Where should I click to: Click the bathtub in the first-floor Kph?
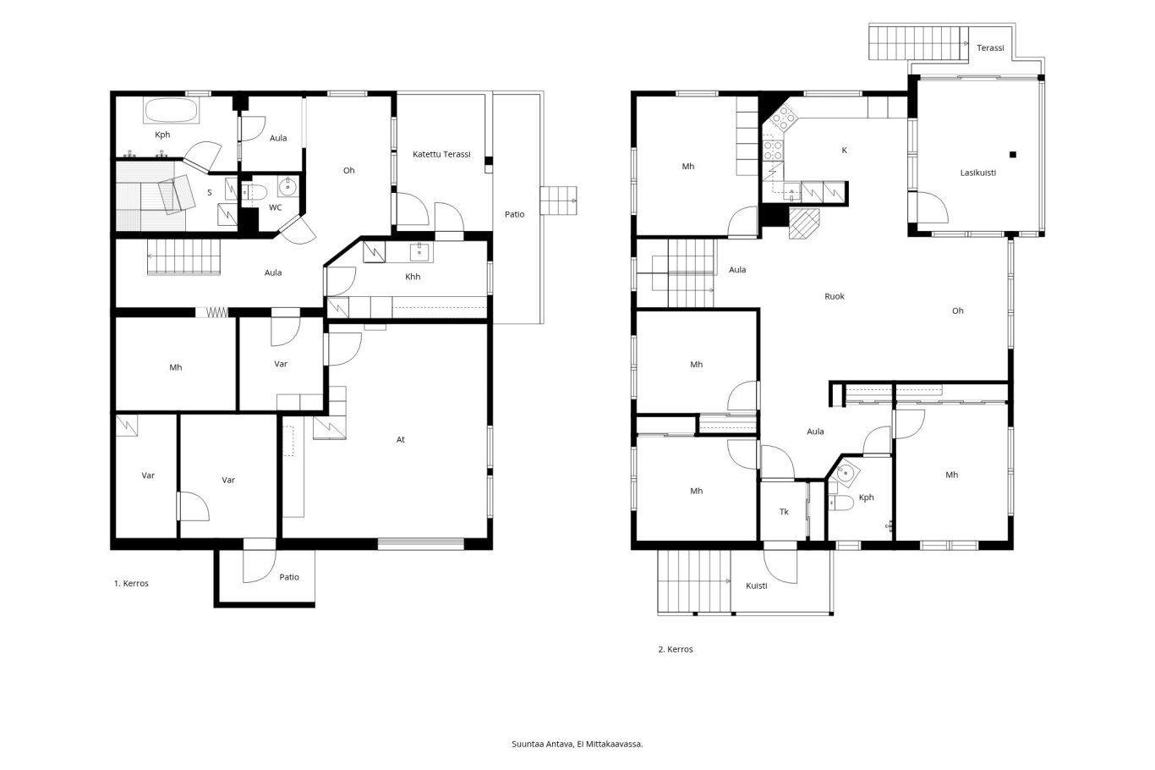[x=171, y=111]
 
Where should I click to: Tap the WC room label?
[x=276, y=207]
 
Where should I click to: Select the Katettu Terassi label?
[x=441, y=154]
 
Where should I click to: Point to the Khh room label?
[x=413, y=277]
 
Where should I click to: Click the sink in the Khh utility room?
[x=421, y=253]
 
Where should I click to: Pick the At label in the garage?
[x=401, y=440]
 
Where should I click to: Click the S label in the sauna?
[x=210, y=193]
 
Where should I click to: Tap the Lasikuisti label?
[x=977, y=173]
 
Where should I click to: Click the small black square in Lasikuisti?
[x=1013, y=154]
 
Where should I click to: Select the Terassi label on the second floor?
[x=990, y=48]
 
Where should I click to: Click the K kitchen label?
[x=844, y=150]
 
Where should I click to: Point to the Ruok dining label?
[x=835, y=296]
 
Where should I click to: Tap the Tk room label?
[x=784, y=512]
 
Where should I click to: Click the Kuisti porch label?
[x=757, y=586]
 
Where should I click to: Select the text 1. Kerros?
[x=131, y=583]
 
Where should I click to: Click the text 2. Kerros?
[x=676, y=649]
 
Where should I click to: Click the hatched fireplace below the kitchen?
[x=804, y=223]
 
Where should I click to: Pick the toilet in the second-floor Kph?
[x=840, y=503]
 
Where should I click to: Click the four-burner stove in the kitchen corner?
[x=783, y=118]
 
